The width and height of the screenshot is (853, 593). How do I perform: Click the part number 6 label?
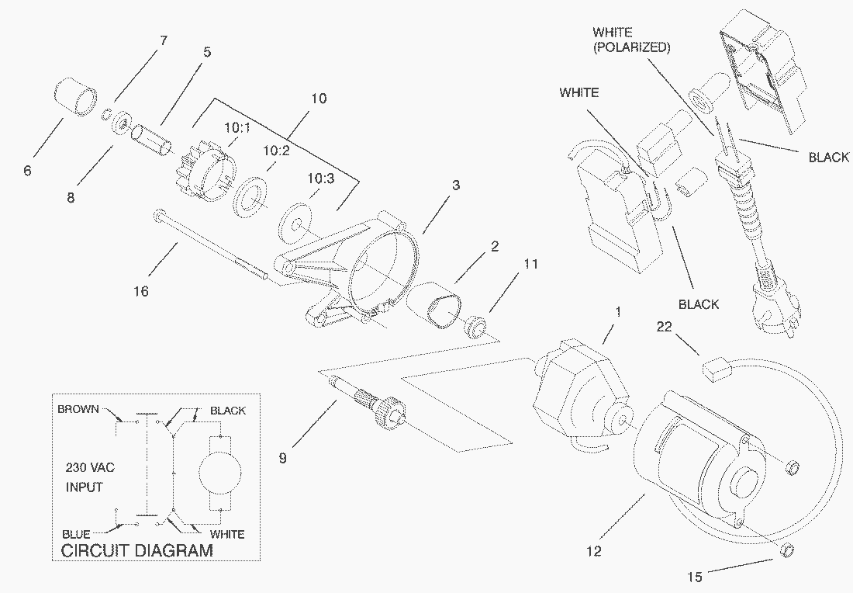(28, 170)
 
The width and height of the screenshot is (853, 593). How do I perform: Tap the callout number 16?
(140, 291)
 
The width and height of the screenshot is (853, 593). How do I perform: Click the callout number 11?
(530, 264)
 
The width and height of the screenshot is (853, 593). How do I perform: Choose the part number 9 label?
(282, 458)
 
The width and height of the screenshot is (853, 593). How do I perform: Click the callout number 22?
(663, 328)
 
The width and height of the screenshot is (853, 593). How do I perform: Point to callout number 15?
(694, 577)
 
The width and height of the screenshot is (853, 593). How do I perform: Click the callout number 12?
(593, 552)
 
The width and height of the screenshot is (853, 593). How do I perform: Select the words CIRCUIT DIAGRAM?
(136, 551)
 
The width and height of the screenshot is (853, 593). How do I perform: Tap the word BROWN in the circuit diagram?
(78, 409)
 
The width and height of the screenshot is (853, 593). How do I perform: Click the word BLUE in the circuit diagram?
(76, 534)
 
